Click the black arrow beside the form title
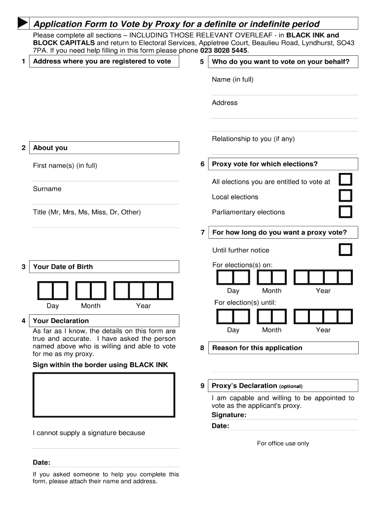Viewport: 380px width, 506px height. click(22, 23)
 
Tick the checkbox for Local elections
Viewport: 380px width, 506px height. click(345, 196)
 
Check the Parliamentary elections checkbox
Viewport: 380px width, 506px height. click(345, 211)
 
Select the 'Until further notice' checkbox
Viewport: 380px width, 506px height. click(345, 250)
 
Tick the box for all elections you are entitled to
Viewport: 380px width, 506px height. click(345, 179)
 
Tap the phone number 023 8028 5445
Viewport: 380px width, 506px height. click(224, 50)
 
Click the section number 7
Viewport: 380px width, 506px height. click(202, 232)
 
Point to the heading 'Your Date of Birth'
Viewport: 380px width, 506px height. click(63, 267)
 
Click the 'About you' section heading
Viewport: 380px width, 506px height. click(50, 148)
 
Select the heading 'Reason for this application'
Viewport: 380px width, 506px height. click(257, 348)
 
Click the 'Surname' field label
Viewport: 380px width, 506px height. click(47, 189)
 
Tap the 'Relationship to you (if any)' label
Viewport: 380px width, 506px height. click(253, 139)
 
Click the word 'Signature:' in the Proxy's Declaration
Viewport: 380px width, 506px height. click(229, 415)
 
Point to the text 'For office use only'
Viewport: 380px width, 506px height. click(283, 443)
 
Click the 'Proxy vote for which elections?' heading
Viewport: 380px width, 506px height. click(265, 164)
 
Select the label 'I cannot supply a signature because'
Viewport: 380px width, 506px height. click(89, 433)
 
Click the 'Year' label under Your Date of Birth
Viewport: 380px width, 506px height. click(143, 306)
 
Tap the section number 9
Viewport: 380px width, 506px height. click(202, 386)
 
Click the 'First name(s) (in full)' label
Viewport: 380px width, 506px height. click(65, 166)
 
